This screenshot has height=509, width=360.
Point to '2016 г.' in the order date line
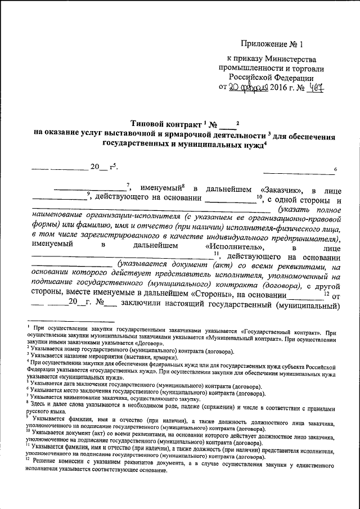(x=279, y=87)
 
